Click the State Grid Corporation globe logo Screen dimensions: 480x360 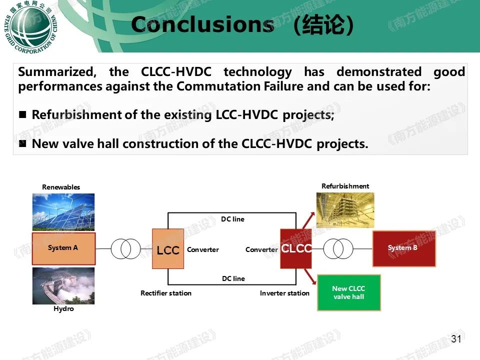pos(30,27)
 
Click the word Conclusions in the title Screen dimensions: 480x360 pos(202,24)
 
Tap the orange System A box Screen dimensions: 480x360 pos(63,248)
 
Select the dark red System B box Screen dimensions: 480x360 pos(404,248)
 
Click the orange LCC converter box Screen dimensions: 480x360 pos(168,249)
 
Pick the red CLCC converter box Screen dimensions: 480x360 pos(296,248)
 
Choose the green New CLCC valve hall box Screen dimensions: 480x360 pos(348,292)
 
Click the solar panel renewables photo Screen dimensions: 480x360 pos(63,212)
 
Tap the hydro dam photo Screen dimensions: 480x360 pos(63,286)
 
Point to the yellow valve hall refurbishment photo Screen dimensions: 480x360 pos(345,210)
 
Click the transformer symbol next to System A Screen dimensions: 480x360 pos(126,249)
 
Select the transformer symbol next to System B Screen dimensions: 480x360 pos(338,249)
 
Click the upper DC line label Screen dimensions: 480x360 pos(232,219)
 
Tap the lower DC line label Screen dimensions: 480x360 pos(233,278)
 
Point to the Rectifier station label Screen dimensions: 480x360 pos(166,293)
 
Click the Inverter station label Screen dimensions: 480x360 pos(284,293)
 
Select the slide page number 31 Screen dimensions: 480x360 pos(456,339)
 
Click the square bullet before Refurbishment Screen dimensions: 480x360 pos(22,114)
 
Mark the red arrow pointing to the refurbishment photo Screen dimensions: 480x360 pos(308,220)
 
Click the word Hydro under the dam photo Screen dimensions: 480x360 pos(63,308)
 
